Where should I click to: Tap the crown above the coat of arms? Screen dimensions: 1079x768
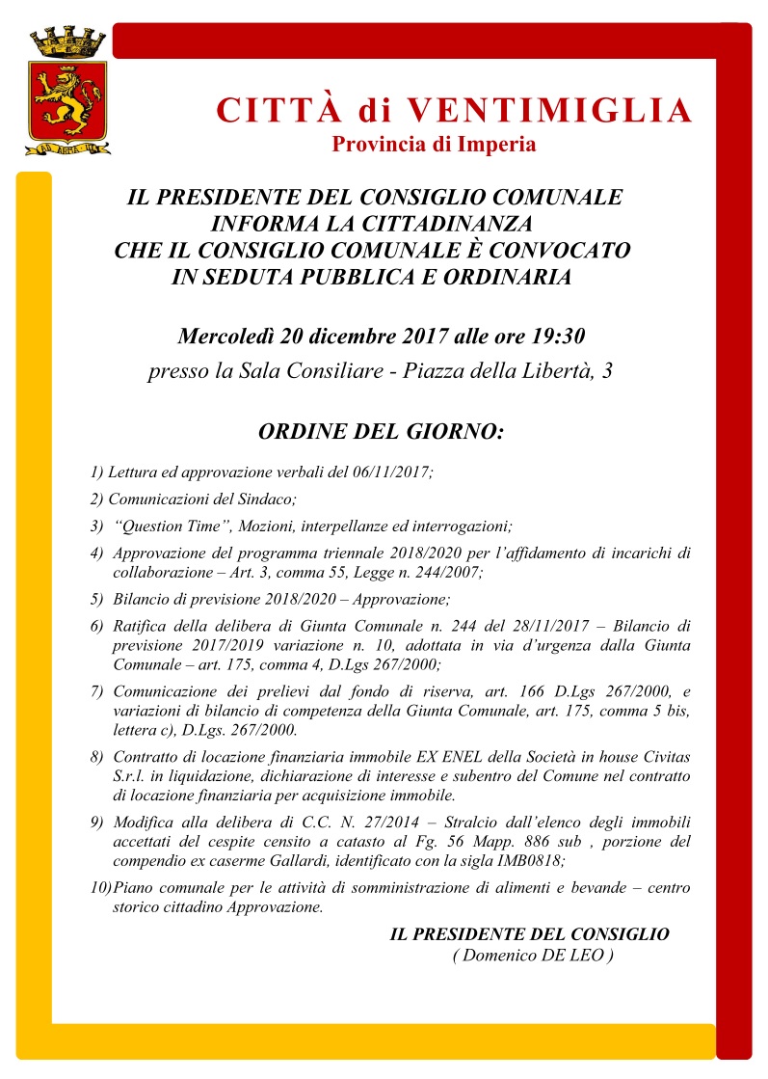67,42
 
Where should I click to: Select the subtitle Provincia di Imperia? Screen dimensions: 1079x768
434,146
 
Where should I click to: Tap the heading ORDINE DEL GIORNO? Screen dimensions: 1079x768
381,431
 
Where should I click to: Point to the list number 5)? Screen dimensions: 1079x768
96,599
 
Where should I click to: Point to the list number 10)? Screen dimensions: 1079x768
100,888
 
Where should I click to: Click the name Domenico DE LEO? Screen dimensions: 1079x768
532,955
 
